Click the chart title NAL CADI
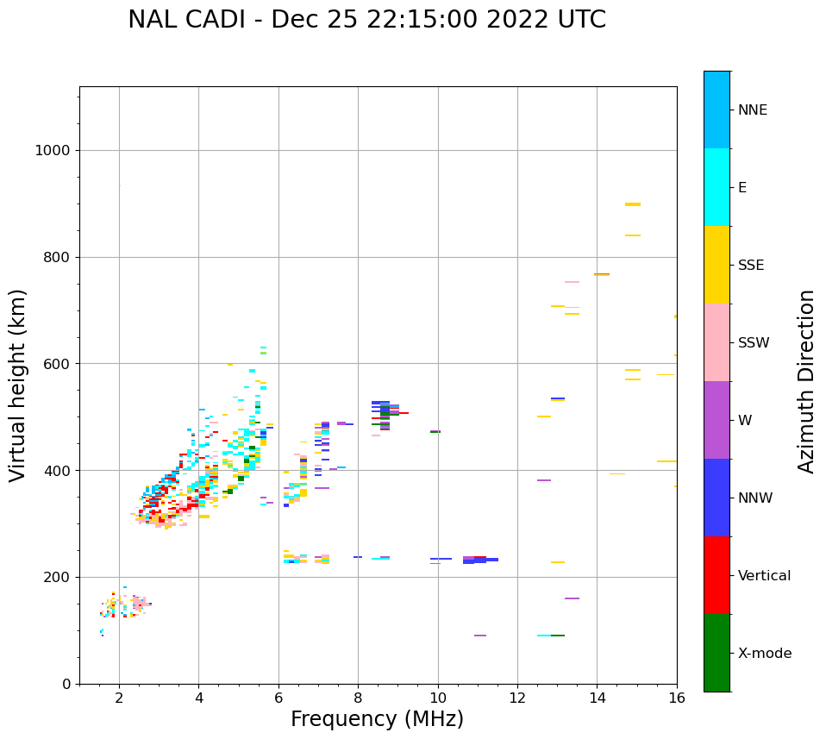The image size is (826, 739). coord(366,20)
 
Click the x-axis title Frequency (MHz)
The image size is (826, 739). coord(377,719)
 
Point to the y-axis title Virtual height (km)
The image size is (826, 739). coord(18,385)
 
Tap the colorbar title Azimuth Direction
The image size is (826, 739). coord(806,381)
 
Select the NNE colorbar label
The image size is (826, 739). coord(752,110)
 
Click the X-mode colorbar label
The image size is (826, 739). coord(764,654)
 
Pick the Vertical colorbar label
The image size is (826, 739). coord(764,576)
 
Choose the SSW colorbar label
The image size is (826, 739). coord(754,343)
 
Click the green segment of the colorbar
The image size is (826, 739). coord(716,653)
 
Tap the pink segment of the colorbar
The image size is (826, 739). coord(716,342)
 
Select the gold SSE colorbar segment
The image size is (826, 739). coord(716,265)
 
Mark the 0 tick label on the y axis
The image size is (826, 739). coord(66,685)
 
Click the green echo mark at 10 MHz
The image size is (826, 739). coord(435,431)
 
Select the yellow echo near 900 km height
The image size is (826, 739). coord(633,204)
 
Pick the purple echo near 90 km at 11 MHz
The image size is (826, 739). coord(480,636)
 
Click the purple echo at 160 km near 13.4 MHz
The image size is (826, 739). coord(572,598)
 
